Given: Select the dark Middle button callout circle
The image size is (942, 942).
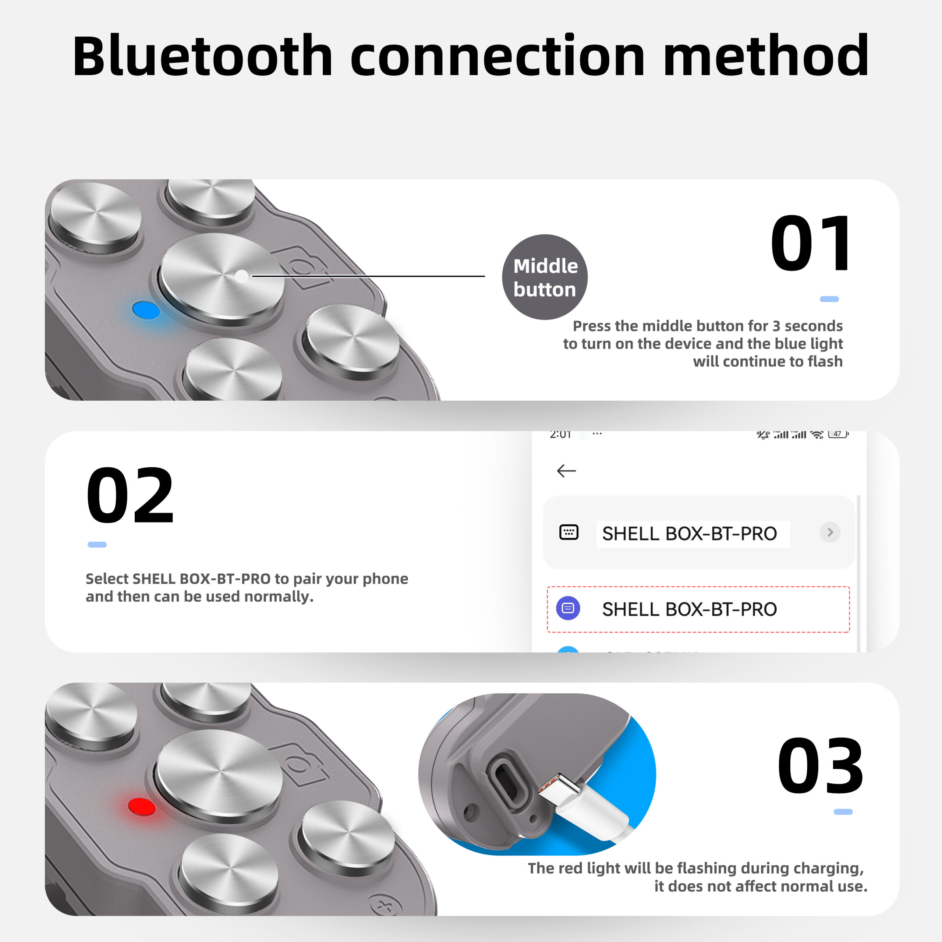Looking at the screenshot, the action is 545,277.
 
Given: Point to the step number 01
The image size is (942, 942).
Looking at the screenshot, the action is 811,244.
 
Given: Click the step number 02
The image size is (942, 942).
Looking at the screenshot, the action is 130,495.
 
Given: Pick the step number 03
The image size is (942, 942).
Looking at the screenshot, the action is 821,766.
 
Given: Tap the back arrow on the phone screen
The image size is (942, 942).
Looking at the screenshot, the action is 566,471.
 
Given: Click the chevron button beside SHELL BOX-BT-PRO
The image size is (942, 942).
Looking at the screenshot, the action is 830,532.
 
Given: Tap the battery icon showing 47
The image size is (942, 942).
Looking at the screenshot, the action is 838,434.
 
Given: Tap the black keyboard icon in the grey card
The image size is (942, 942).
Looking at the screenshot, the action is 569,532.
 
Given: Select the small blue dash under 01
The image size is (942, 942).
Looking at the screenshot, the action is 829,299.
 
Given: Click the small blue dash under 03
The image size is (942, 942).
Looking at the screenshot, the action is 843,812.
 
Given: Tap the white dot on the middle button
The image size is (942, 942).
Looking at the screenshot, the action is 241,276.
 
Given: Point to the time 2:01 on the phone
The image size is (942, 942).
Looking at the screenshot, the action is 560,434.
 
